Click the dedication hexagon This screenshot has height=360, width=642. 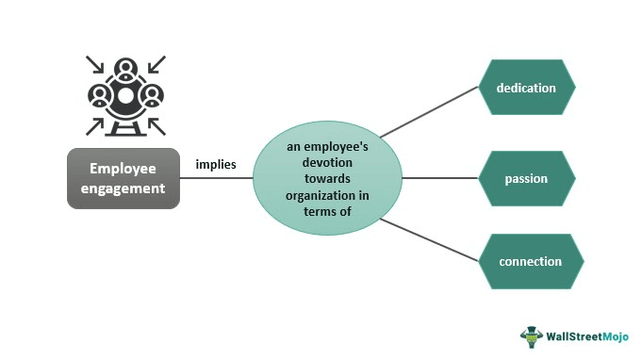526,89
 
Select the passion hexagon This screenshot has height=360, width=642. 526,178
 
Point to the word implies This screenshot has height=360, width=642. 216,164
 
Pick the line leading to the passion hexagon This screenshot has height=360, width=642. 438,178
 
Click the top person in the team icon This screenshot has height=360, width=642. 125,70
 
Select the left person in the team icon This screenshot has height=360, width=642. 99,95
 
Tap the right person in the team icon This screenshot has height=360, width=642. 152,95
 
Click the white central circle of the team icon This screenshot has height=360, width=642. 125,95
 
